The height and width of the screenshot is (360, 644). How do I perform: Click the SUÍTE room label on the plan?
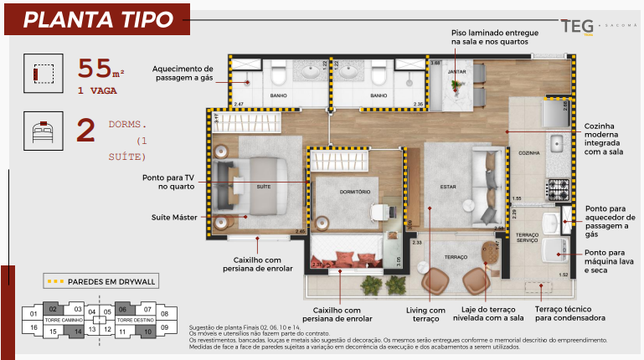pos(263,186)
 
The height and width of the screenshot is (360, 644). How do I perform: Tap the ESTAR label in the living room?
pos(447,186)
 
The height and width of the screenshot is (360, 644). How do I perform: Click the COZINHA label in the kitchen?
pos(528,153)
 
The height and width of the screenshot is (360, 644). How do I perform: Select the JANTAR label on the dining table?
pos(457,72)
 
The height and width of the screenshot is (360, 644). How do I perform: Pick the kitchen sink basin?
pos(556,144)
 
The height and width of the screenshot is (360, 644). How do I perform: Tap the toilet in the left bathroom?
pos(279,77)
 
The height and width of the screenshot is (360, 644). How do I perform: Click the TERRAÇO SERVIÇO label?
pos(526,237)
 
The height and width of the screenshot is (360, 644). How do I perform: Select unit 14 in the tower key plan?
pos(75,332)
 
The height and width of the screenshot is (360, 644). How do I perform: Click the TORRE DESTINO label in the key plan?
pos(134,321)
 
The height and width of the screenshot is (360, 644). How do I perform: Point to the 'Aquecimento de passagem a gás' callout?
pos(183,74)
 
